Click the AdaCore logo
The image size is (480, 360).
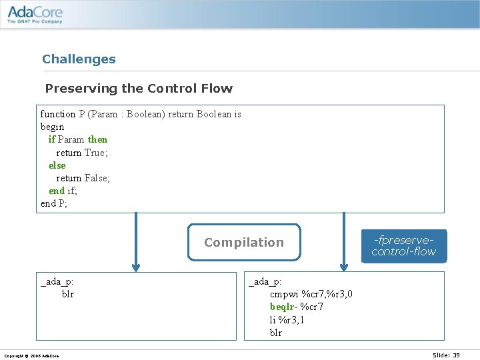pyautogui.click(x=35, y=13)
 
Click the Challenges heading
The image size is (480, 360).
pyautogui.click(x=79, y=59)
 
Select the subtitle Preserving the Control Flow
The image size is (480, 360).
pyautogui.click(x=139, y=89)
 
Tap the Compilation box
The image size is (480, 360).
pyautogui.click(x=244, y=242)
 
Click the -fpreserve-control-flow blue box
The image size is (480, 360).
pyautogui.click(x=403, y=246)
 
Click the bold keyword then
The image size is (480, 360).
pyautogui.click(x=97, y=139)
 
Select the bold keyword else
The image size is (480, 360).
pyautogui.click(x=57, y=165)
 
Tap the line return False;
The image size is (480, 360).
pyautogui.click(x=83, y=178)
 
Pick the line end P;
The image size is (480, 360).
pyautogui.click(x=54, y=203)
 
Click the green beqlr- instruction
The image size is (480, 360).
pyautogui.click(x=283, y=307)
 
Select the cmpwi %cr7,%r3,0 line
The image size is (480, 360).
pyautogui.click(x=311, y=294)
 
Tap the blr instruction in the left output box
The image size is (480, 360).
pyautogui.click(x=68, y=294)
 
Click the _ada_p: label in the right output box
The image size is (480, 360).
pyautogui.click(x=265, y=282)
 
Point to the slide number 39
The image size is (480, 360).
pyautogui.click(x=446, y=355)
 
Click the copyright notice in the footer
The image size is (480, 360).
pyautogui.click(x=31, y=356)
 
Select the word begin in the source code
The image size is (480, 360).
pyautogui.click(x=53, y=127)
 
